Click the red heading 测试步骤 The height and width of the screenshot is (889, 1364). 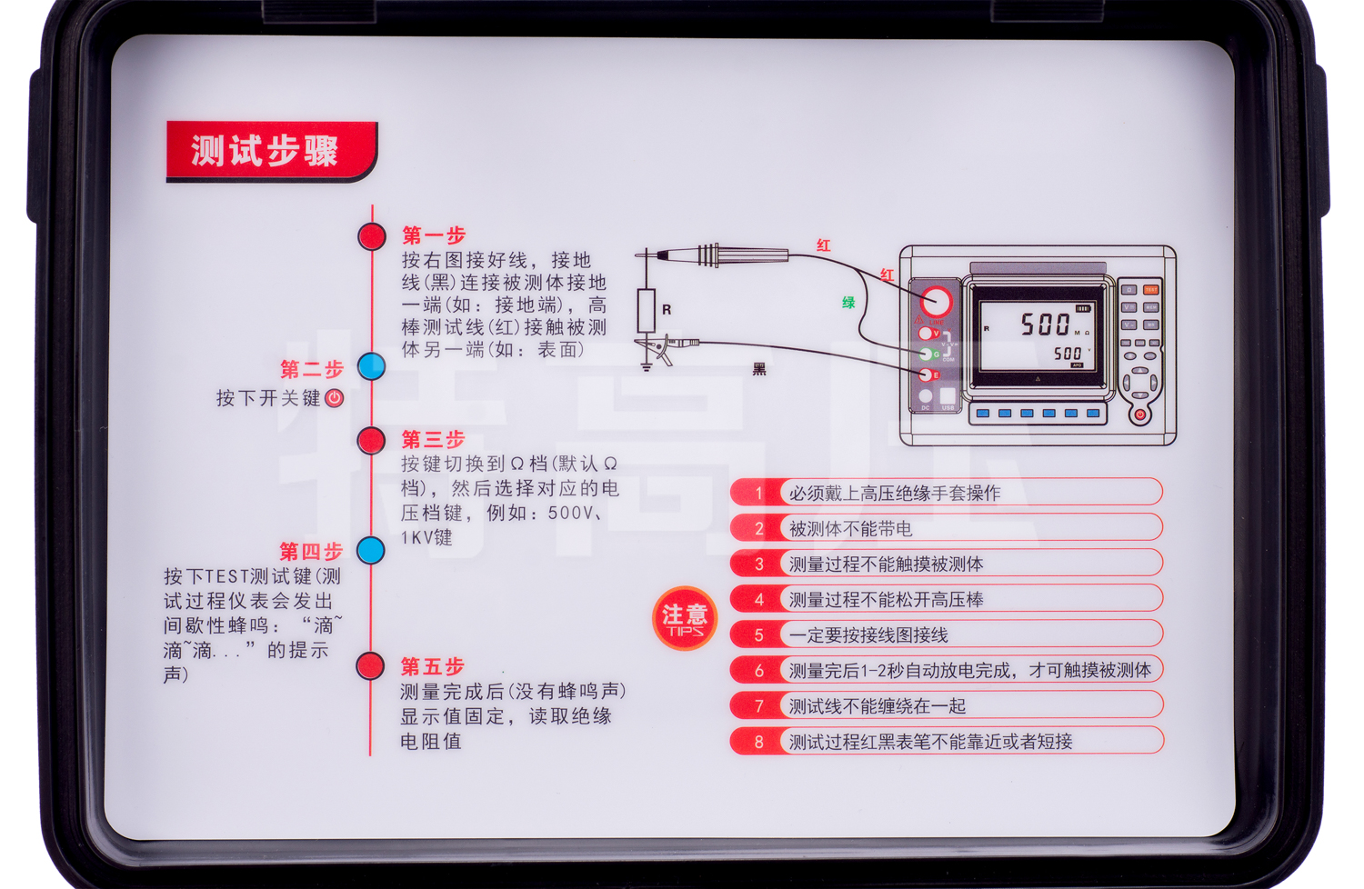[x=265, y=150]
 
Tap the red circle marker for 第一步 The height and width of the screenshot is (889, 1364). [x=372, y=236]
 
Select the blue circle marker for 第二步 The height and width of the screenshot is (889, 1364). [x=371, y=366]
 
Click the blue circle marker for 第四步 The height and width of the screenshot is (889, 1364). [x=370, y=550]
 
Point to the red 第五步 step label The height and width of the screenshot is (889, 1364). [x=433, y=666]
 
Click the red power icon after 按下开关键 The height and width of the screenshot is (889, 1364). [x=335, y=398]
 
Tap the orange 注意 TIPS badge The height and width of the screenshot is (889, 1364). [x=685, y=619]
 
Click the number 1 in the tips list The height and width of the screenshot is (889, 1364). [x=759, y=494]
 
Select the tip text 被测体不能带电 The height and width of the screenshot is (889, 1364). [x=850, y=529]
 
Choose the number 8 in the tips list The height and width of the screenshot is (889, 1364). [x=759, y=742]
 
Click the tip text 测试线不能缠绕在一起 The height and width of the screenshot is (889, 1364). [x=877, y=706]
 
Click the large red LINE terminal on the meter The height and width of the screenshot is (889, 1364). [x=936, y=301]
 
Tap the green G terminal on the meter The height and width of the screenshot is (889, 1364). [x=927, y=354]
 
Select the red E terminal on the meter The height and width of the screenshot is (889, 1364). [x=926, y=375]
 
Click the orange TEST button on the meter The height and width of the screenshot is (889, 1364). [x=1150, y=290]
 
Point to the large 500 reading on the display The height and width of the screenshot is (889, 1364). [x=1045, y=324]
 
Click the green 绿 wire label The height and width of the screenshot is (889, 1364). [x=848, y=303]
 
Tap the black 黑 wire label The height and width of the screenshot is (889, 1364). [x=759, y=369]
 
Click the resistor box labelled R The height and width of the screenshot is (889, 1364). [x=647, y=311]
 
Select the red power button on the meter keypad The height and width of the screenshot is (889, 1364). [x=1139, y=415]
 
